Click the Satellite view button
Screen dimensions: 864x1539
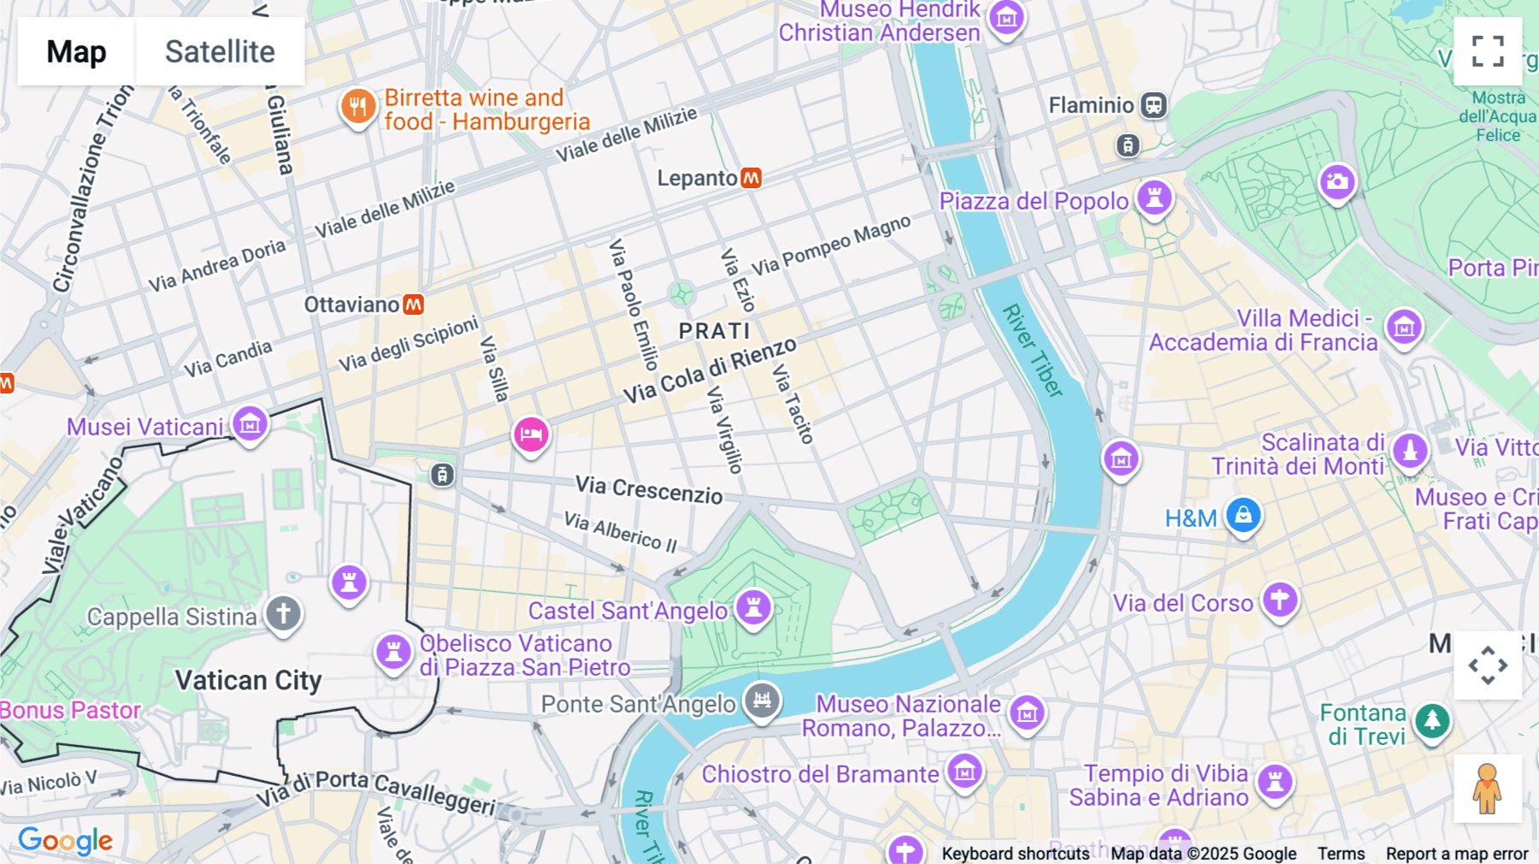pos(220,51)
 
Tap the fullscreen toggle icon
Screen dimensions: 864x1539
pos(1488,51)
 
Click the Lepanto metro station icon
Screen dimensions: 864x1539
pos(751,178)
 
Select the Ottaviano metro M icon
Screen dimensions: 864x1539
pos(414,305)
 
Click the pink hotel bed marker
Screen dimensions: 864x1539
pos(531,435)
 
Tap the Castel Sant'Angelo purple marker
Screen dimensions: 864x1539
pos(754,608)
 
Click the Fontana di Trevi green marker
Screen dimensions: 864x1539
pos(1432,721)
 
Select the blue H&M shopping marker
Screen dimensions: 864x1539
pos(1243,516)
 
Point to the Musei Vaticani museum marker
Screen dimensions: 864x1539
pos(250,423)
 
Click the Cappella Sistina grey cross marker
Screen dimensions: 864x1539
pos(283,613)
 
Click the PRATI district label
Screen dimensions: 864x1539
pos(715,331)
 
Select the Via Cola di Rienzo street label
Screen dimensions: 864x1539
pos(710,370)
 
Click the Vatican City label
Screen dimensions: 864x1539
pos(248,680)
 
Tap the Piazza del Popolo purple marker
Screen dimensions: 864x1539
pos(1154,198)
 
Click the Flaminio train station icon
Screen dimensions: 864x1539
pos(1154,105)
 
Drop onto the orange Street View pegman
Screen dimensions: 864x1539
pos(1487,788)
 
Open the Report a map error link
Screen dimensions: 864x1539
pos(1457,854)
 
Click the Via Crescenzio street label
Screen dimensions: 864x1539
pos(649,490)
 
